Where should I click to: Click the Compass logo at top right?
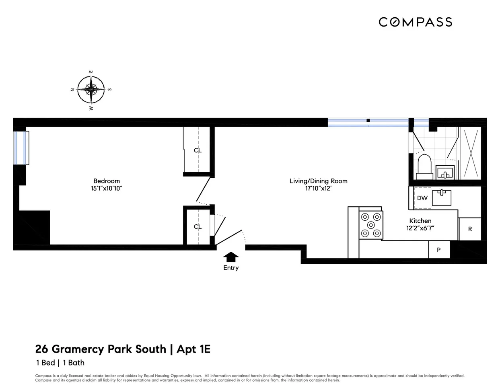click(x=415, y=22)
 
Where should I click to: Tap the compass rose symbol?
click(x=91, y=89)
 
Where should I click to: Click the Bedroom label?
click(x=107, y=181)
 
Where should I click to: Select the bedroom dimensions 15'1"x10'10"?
click(x=107, y=188)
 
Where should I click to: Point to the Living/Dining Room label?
click(x=318, y=181)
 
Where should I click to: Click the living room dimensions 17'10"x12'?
click(x=318, y=188)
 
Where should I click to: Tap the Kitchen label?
click(x=420, y=221)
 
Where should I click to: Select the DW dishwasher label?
click(x=422, y=198)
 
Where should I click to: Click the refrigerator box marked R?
click(x=470, y=229)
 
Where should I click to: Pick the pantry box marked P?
click(x=438, y=250)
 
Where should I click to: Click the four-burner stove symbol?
click(x=371, y=225)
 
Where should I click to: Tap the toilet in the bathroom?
click(x=424, y=166)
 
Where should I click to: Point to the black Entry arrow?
click(x=230, y=257)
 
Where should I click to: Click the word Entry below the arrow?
click(x=231, y=268)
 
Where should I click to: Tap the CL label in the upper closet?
click(x=198, y=150)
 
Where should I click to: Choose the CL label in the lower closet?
click(x=198, y=227)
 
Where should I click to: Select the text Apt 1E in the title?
click(x=193, y=349)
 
